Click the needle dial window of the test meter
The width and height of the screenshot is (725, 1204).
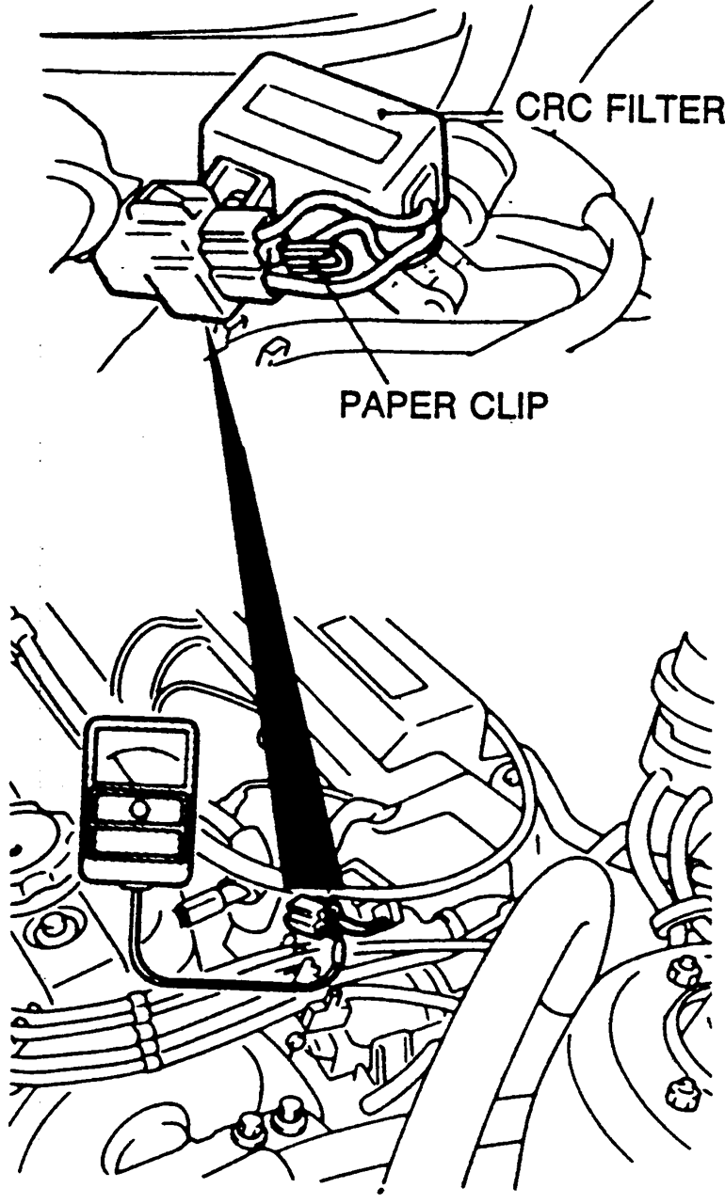tap(138, 758)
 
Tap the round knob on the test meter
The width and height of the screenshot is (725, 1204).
tap(138, 808)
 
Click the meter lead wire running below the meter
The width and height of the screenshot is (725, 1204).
tap(188, 978)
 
